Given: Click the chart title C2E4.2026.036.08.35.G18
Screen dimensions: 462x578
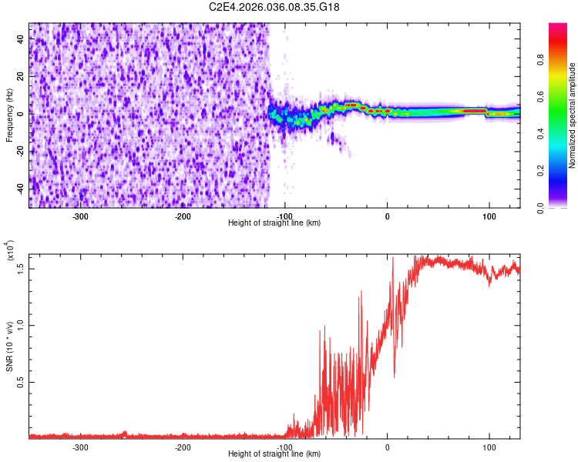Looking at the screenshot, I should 274,7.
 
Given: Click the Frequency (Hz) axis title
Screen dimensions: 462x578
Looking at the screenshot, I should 9,115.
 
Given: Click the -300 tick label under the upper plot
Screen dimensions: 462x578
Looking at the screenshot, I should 81,216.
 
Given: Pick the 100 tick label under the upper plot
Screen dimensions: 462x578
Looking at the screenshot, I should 489,216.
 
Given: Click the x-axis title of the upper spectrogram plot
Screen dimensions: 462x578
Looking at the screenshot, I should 274,223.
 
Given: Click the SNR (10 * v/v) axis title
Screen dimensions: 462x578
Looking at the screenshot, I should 9,346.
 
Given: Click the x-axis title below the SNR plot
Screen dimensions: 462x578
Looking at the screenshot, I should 274,454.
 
